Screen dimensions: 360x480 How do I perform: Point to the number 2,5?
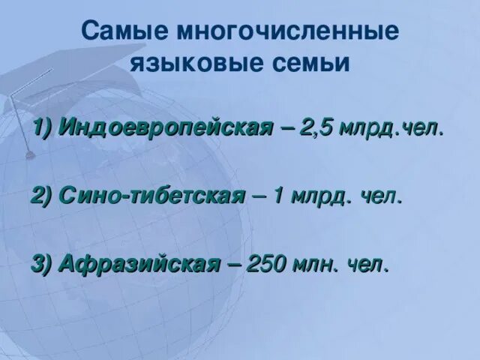(318, 127)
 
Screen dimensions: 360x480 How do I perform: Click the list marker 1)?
(42, 127)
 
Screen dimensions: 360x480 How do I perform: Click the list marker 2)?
(42, 196)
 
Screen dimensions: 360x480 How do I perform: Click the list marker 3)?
(42, 263)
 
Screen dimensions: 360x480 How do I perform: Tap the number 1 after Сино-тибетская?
(278, 196)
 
